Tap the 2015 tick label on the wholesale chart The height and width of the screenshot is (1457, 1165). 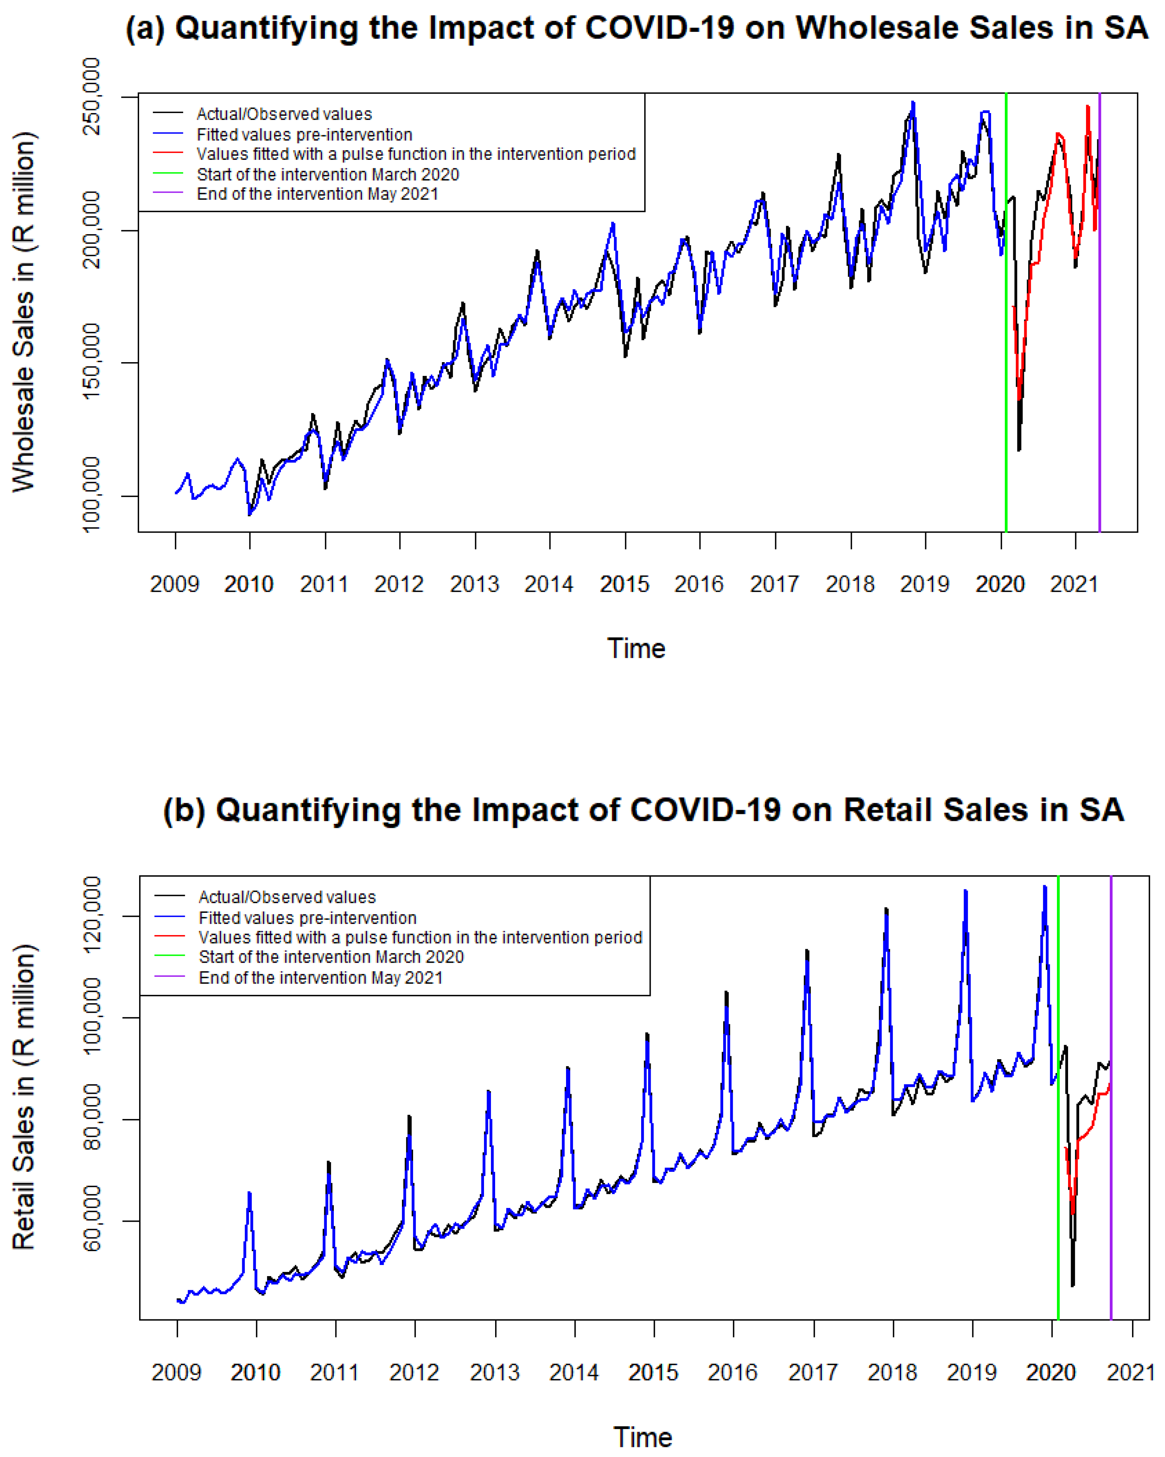coord(624,584)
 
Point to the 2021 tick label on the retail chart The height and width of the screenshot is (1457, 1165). coord(1130,1373)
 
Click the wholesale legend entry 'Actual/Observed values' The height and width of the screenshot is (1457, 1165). coord(284,114)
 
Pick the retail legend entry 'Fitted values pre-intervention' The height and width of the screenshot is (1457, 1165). coord(307,918)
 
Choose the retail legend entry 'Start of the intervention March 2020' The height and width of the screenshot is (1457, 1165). coord(331,957)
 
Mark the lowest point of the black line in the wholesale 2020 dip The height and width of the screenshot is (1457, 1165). coord(1019,450)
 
